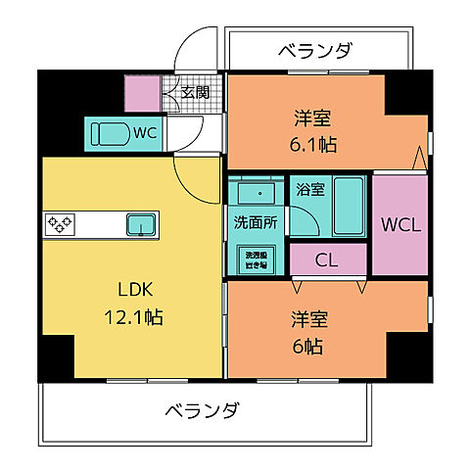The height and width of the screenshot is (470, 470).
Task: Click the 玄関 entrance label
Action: pos(196,94)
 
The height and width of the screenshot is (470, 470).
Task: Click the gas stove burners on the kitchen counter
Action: pos(61,224)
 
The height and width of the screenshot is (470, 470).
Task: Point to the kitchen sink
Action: pos(143,224)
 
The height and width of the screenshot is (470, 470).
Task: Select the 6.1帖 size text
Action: pos(313,144)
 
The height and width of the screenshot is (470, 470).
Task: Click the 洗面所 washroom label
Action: pos(254,222)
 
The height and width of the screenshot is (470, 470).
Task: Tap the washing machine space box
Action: pos(254,258)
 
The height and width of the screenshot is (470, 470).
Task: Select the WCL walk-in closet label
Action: pos(400,224)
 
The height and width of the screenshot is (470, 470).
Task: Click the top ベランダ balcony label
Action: pos(313,51)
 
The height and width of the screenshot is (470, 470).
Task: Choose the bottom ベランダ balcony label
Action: pos(201,409)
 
